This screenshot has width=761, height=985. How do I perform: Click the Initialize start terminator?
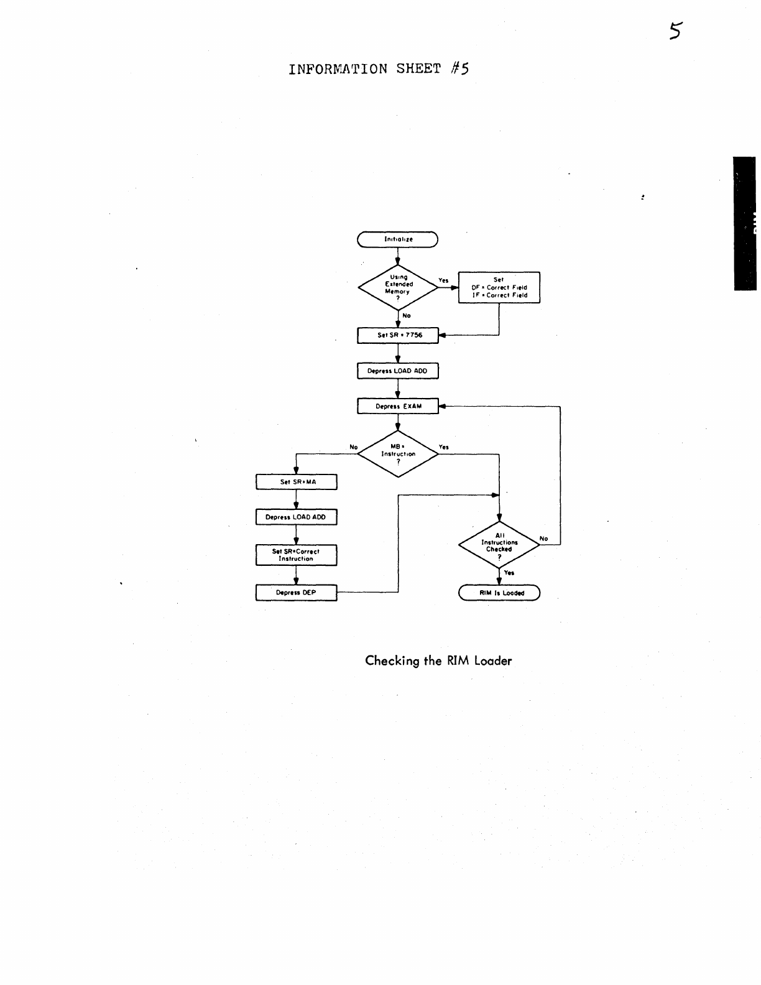(x=398, y=239)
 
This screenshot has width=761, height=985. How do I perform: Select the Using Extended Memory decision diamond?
(x=398, y=287)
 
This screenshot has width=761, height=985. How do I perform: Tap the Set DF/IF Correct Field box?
(x=499, y=287)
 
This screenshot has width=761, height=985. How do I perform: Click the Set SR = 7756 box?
(x=398, y=335)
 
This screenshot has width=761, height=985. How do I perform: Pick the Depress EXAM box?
(x=398, y=406)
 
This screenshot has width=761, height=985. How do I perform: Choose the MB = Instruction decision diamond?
(x=398, y=454)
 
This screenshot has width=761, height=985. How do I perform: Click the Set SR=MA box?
(x=297, y=482)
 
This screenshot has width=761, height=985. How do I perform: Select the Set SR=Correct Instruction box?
(x=297, y=555)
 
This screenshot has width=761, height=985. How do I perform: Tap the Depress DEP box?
(x=297, y=593)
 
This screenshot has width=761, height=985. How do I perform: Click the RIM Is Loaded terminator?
(x=499, y=593)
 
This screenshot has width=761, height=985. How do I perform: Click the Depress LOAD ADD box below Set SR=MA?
(x=297, y=517)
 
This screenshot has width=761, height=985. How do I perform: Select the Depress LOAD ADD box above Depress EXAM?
(x=398, y=371)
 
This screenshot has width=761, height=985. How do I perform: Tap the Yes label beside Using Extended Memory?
(x=443, y=280)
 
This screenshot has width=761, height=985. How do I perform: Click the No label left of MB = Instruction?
(x=354, y=447)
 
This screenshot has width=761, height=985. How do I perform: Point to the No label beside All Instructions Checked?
(x=544, y=539)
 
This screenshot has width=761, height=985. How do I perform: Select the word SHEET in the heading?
(x=418, y=68)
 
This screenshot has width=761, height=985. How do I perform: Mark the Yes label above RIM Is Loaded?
(x=509, y=573)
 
